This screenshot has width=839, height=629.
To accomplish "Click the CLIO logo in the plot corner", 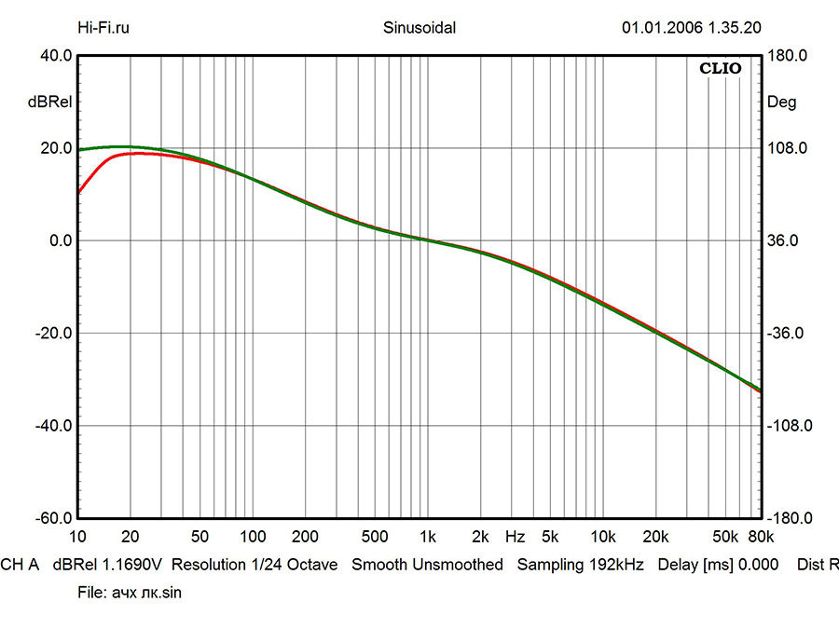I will pos(721,68).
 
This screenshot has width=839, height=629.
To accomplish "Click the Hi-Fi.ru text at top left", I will pos(103,27).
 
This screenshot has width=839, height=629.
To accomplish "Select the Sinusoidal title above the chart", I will pos(419,27).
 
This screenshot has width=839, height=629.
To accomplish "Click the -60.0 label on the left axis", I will pos(54,518).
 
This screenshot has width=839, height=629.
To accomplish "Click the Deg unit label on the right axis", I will pos(781,103).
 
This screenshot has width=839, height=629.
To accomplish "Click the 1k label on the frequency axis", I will pos(427,538).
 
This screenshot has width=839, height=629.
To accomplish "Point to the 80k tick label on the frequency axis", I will pos(761,538).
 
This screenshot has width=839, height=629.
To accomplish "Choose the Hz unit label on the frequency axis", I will pos(515,538).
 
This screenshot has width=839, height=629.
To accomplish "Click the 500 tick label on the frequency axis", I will pos(374,538).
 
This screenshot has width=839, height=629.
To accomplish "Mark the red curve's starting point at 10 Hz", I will pos(79,192).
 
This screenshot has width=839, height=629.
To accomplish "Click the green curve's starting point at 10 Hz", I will pos(79,150).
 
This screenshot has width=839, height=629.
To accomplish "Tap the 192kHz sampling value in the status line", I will pos(615,565).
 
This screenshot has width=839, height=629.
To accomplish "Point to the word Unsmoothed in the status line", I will pos(457,565).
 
